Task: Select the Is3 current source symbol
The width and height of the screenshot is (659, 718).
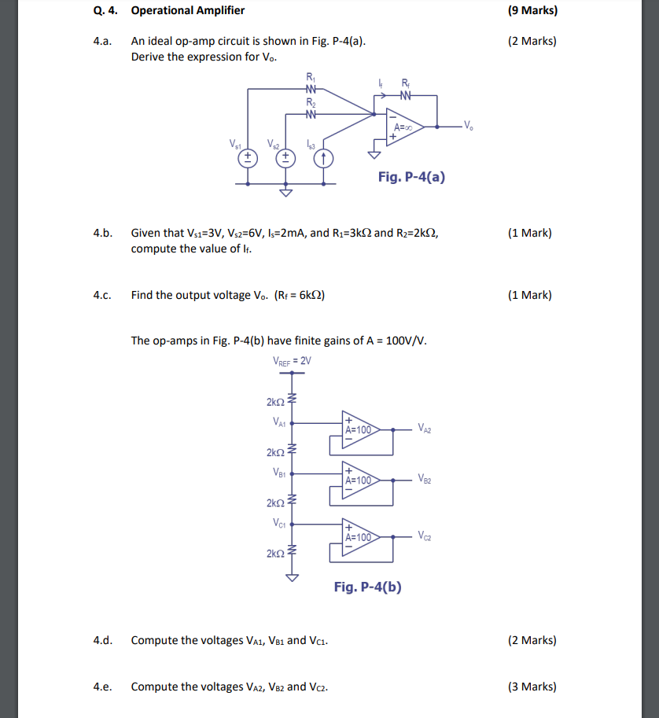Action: (322, 157)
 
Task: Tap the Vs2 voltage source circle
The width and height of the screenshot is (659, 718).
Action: (285, 157)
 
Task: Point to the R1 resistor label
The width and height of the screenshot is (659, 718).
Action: (311, 77)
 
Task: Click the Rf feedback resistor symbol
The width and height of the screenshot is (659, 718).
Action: (404, 96)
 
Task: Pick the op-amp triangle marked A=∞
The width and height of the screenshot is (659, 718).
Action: (405, 127)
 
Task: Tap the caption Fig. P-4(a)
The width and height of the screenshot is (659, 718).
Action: (411, 177)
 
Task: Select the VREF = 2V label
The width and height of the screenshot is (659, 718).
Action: (292, 361)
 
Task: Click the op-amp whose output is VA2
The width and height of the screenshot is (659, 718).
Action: (359, 429)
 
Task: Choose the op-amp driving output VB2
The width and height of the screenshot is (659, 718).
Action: (359, 479)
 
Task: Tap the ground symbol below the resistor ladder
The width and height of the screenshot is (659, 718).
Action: (293, 577)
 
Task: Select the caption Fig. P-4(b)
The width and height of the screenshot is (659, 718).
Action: (367, 587)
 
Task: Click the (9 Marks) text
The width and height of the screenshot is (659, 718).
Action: (533, 10)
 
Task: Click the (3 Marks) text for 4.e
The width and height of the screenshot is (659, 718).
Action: (532, 687)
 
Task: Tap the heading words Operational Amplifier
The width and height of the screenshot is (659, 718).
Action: (188, 10)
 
